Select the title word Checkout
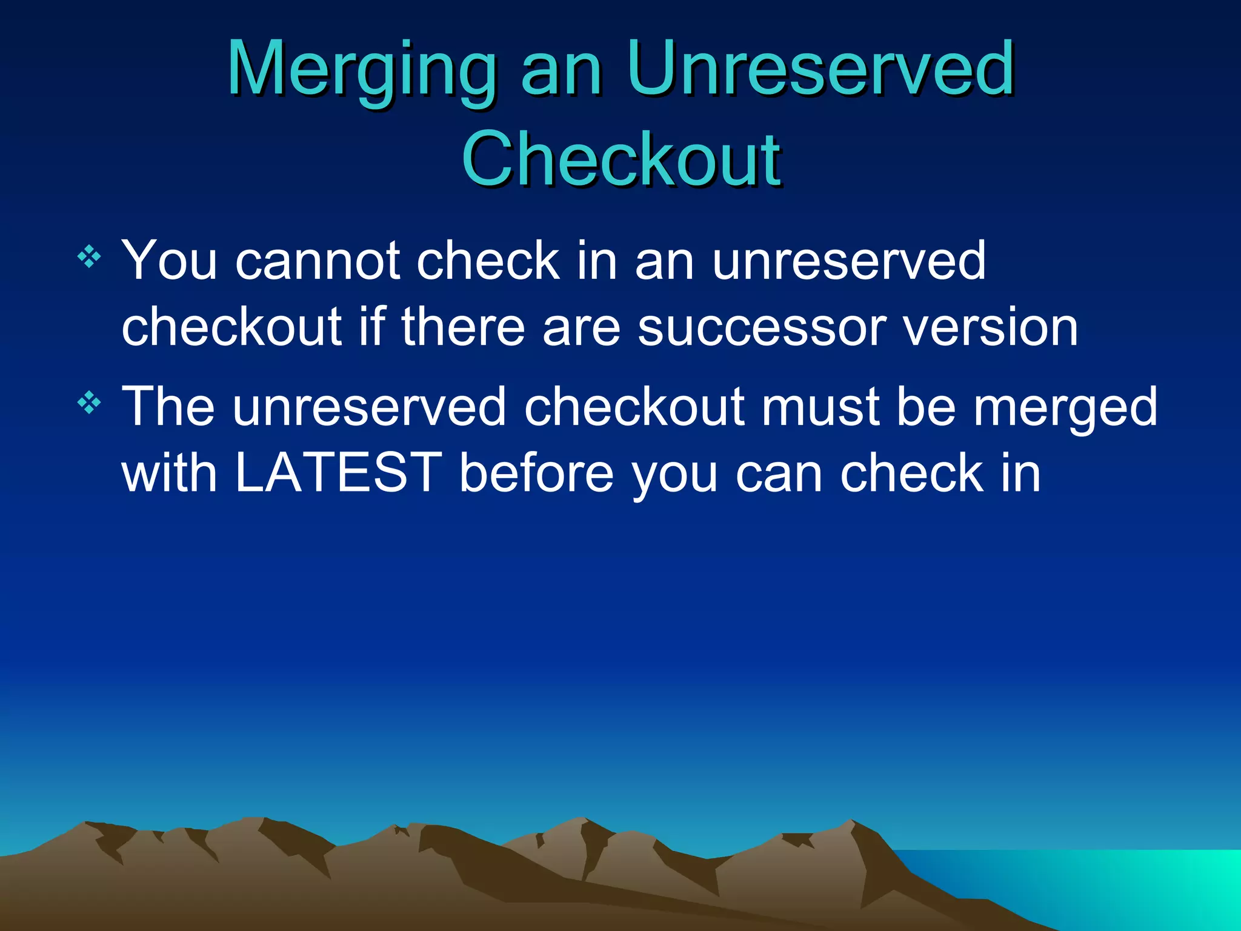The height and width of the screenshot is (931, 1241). click(621, 159)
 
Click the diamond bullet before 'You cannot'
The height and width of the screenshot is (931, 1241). click(89, 257)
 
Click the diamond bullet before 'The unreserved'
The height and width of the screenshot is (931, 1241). click(89, 402)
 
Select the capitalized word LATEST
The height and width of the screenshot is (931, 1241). click(338, 473)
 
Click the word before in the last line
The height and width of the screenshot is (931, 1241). click(536, 473)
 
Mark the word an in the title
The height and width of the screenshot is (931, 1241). click(561, 72)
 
